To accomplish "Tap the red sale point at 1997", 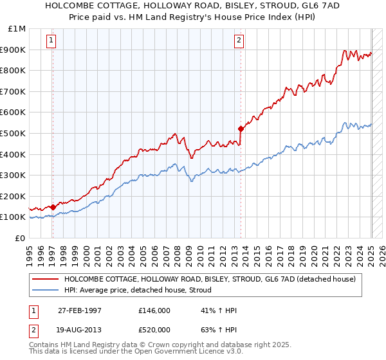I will tap(53, 207).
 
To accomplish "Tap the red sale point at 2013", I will tap(241, 129).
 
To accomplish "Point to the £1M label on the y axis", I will tap(17, 29).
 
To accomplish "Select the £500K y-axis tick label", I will tap(14, 133).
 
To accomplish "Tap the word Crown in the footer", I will tap(151, 345).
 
